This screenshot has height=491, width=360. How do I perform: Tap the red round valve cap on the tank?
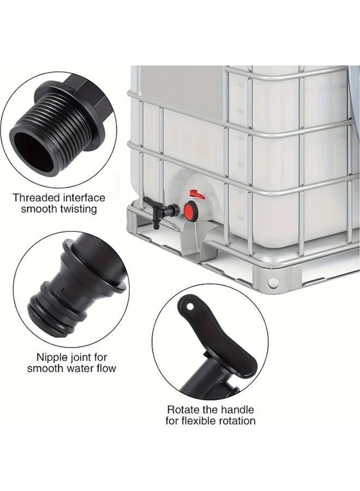click(191, 211)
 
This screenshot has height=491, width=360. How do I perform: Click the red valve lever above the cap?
click(197, 194)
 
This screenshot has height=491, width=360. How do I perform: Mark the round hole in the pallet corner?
click(273, 283)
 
